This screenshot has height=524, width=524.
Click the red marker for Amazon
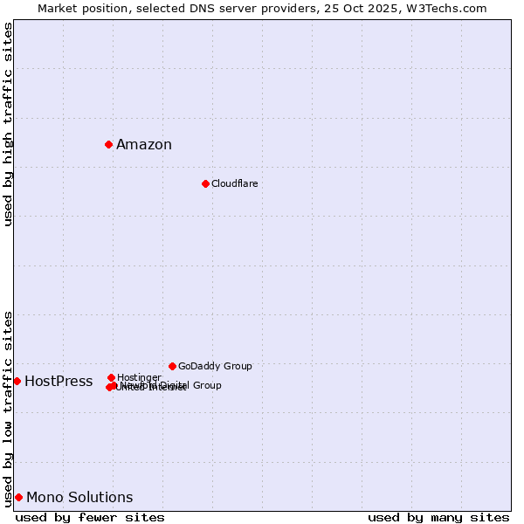tap(108, 144)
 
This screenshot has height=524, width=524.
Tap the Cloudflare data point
tap(205, 183)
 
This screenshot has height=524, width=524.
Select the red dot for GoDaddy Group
tap(172, 366)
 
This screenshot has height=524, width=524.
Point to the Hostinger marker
tap(111, 377)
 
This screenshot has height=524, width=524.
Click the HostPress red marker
tap(17, 381)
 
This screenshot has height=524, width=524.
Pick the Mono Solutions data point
tap(18, 497)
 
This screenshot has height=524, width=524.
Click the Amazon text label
tap(144, 145)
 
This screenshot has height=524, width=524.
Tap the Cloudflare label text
tap(234, 183)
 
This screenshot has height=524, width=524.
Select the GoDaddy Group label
tap(215, 366)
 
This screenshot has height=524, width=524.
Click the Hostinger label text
tap(139, 377)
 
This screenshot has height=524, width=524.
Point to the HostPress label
tap(59, 382)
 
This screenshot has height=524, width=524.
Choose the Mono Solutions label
tap(79, 498)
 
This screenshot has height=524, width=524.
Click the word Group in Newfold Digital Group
tap(207, 385)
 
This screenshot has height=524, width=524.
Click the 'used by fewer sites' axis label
tap(90, 517)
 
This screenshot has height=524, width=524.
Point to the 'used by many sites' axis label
tap(438, 517)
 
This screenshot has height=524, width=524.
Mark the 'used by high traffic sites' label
tap(8, 124)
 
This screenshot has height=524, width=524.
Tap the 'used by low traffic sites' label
tap(8, 409)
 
